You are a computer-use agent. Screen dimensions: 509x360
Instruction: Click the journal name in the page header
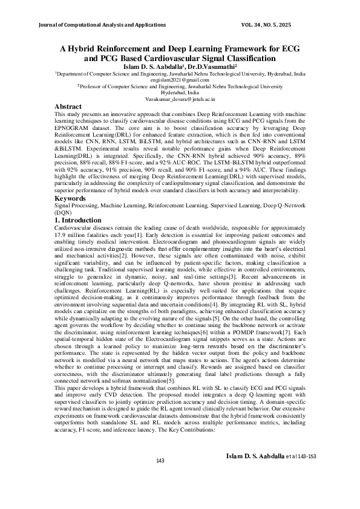coord(102,25)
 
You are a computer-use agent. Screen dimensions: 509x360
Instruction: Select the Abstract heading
coord(68,106)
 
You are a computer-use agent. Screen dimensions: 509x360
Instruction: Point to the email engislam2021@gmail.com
coord(180,80)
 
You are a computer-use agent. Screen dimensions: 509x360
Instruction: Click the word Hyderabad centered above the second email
coord(180,92)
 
